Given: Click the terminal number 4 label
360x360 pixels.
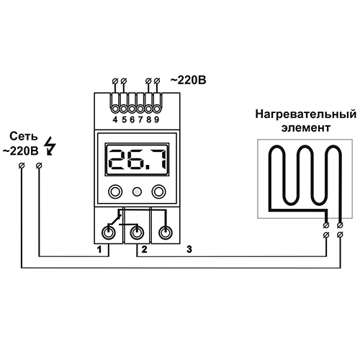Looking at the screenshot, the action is [115, 120].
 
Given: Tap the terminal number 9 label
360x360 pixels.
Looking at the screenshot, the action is [156, 120].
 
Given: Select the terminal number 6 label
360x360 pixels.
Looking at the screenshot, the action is [132, 120].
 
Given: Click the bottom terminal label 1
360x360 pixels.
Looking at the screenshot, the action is [99, 250].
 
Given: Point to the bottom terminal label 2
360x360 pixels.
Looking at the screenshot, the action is [144, 250].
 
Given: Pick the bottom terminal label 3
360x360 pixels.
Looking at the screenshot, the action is [189, 250].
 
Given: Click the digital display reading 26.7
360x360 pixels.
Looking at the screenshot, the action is [137, 159].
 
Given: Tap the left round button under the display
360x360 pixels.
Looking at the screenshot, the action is [115, 192].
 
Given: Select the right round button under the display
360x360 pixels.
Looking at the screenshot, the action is [158, 192].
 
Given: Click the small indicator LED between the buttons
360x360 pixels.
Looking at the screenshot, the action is [137, 192].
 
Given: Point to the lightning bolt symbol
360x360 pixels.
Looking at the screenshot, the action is [50, 146].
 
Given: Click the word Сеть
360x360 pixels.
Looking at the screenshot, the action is [24, 136].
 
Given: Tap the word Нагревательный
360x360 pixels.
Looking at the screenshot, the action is [306, 114].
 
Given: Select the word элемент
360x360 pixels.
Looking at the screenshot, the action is [306, 127].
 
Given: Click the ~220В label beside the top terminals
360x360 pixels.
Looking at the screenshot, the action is [188, 80].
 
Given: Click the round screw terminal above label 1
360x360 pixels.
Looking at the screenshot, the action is [109, 233].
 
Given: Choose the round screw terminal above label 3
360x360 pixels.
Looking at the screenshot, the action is [166, 233].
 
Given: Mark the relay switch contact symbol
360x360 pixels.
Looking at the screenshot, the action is [114, 218].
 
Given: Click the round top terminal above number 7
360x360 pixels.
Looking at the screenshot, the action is [140, 109].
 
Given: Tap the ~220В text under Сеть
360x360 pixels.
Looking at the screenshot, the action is [20, 151].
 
